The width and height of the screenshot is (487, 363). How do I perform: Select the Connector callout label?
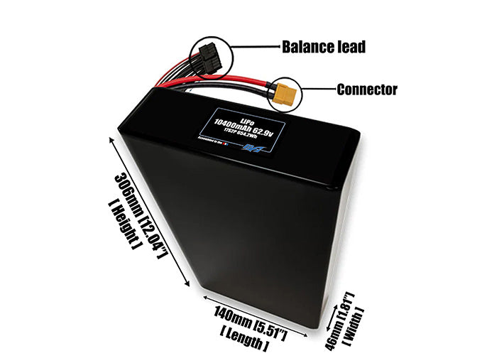click(366, 90)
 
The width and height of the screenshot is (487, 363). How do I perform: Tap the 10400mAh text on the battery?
click(237, 124)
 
